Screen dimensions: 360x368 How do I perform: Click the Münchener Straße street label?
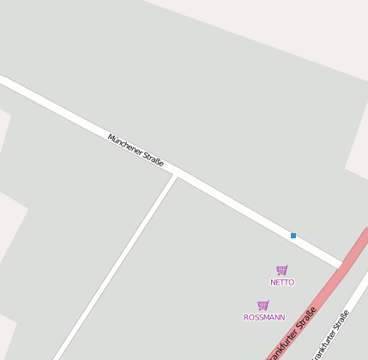pyautogui.click(x=136, y=149)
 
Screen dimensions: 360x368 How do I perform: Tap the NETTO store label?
pyautogui.click(x=282, y=282)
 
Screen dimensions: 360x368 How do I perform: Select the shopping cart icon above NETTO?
pyautogui.click(x=282, y=270)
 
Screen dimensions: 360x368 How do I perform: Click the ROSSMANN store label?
pyautogui.click(x=264, y=317)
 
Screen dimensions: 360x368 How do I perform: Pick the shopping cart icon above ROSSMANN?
pyautogui.click(x=263, y=305)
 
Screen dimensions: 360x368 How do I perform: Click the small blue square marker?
pyautogui.click(x=293, y=236)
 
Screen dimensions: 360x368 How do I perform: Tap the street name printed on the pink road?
pyautogui.click(x=293, y=333)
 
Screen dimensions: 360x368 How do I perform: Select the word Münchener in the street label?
pyautogui.click(x=125, y=143)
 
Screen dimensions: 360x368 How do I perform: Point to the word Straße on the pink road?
pyautogui.click(x=305, y=320)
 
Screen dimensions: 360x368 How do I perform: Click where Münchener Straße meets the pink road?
pyautogui.click(x=343, y=264)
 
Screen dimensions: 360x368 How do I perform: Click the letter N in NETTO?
pyautogui.click(x=273, y=282)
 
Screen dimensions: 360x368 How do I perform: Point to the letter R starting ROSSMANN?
pyautogui.click(x=246, y=317)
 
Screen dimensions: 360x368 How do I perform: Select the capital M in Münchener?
pyautogui.click(x=112, y=136)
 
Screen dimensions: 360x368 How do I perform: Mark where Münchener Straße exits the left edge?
pyautogui.click(x=3, y=80)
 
